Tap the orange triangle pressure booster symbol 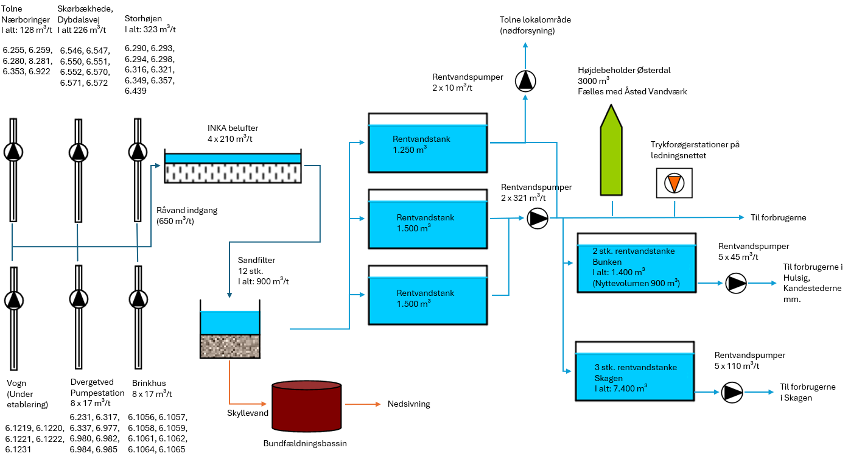(674, 183)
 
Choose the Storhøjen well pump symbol (138, 152)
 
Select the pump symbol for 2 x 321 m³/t (538, 217)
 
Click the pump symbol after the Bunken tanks (735, 283)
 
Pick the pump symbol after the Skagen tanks (732, 393)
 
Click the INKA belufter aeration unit (233, 166)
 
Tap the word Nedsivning (408, 404)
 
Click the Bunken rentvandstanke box (636, 264)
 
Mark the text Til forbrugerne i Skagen (808, 392)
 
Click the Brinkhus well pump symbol (138, 299)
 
